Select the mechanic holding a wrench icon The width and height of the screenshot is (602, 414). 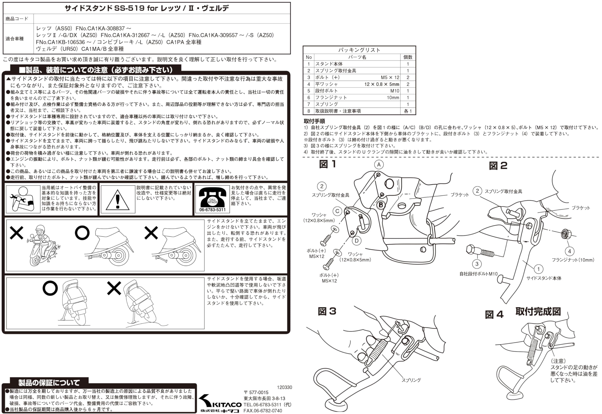23,199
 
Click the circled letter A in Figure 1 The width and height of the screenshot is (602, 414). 379,164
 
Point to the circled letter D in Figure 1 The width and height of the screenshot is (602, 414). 356,241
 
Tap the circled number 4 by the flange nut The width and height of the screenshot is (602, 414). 569,251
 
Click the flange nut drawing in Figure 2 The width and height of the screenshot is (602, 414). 564,234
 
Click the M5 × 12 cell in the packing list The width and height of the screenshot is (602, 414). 390,77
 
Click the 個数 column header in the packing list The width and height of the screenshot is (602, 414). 408,57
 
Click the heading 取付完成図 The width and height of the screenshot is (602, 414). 538,311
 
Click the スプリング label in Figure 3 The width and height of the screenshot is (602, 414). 411,380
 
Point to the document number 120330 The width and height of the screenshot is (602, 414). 285,387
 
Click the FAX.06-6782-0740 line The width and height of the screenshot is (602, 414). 263,411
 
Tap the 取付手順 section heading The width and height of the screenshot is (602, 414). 314,121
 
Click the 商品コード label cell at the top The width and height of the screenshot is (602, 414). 17,19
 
